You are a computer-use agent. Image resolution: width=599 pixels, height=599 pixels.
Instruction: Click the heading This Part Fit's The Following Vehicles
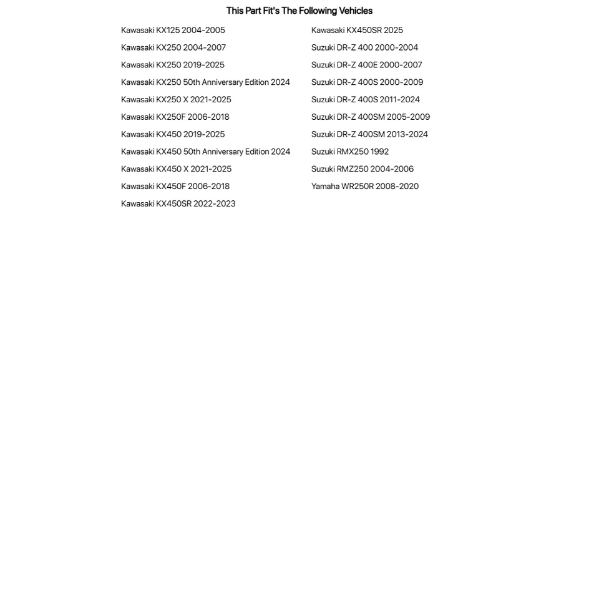(x=299, y=11)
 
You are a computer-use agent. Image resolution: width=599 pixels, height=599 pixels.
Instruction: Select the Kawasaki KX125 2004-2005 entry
(x=173, y=30)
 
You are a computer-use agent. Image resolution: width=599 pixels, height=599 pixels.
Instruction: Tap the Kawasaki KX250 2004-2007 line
(x=173, y=47)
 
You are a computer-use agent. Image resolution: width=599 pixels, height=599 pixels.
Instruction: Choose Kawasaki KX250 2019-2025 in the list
(x=173, y=65)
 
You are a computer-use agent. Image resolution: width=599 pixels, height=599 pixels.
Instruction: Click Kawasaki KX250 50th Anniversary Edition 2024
(x=205, y=82)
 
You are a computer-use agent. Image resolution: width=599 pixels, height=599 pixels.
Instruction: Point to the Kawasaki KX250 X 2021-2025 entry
(x=176, y=100)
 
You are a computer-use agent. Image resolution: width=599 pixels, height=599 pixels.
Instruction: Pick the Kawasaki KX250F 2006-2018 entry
(x=175, y=117)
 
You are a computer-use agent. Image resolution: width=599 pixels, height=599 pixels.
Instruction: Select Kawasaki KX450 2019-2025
(x=173, y=134)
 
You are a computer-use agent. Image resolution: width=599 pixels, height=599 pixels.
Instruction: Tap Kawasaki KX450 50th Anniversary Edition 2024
(x=205, y=152)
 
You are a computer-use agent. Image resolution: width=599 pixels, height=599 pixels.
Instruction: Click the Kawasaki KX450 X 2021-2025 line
(x=176, y=169)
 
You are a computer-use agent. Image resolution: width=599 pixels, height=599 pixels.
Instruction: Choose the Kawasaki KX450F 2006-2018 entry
(x=175, y=187)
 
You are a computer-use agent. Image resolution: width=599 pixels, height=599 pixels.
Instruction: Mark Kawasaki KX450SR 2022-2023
(x=178, y=204)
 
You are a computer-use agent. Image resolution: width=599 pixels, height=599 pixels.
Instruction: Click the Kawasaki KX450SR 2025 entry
(x=357, y=30)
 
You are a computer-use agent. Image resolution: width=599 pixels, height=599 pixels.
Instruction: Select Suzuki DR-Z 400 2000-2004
(x=364, y=47)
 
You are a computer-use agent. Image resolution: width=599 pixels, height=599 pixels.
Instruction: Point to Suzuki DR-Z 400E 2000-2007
(x=367, y=65)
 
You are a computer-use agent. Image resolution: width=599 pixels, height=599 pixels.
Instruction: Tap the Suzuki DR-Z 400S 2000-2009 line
(x=367, y=82)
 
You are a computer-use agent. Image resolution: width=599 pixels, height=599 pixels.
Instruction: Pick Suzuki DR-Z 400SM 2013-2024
(x=369, y=134)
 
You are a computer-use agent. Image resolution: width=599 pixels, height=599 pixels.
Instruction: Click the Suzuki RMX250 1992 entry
(x=350, y=152)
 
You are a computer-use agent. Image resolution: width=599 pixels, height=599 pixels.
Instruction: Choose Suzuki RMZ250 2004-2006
(x=363, y=169)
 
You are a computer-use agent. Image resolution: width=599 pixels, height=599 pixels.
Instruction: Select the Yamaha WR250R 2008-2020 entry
(x=365, y=187)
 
